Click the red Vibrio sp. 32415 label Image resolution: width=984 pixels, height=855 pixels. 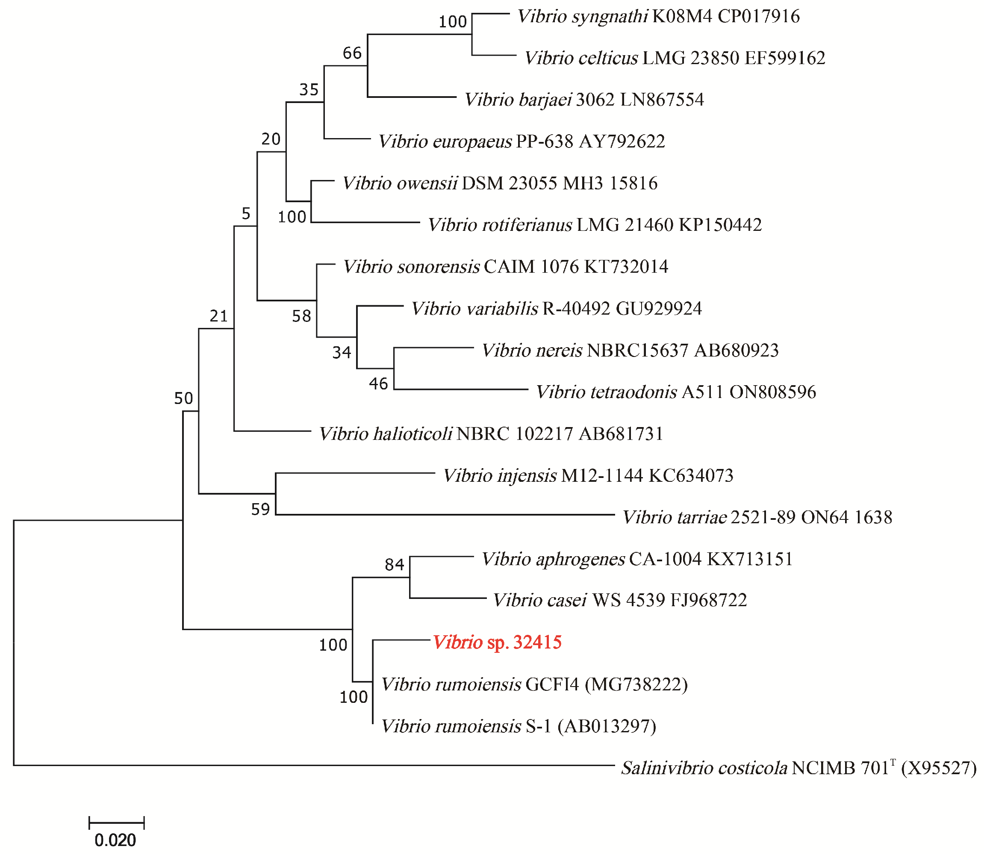tap(497, 643)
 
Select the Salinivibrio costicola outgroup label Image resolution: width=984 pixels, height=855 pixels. tap(798, 768)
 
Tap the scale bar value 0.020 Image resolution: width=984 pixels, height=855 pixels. tap(115, 840)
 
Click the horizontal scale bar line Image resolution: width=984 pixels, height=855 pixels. tap(116, 823)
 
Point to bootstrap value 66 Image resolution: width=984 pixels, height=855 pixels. tap(352, 53)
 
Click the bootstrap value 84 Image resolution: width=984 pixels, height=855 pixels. tap(395, 565)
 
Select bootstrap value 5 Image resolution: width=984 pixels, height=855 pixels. tap(246, 214)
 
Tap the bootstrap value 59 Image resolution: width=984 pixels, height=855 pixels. tap(260, 510)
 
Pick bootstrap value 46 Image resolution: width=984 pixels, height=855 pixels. tap(378, 383)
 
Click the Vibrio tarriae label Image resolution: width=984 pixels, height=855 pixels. tap(757, 517)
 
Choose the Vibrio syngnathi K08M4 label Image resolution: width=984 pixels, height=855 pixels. tap(658, 17)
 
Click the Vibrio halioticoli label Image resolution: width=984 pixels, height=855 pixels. tap(491, 434)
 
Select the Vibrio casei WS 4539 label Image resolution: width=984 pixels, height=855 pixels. tap(619, 600)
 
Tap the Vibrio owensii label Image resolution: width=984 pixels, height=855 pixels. tap(500, 183)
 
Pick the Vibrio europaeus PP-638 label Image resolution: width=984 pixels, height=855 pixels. tap(521, 142)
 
